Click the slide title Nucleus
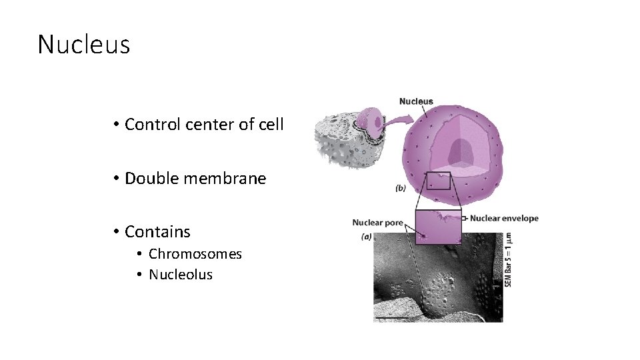click(83, 45)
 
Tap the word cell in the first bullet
click(271, 124)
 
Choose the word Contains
click(157, 232)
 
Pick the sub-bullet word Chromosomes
click(195, 254)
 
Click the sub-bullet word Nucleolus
click(181, 274)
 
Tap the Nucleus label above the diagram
click(416, 102)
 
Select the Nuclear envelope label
click(504, 218)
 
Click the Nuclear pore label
click(377, 223)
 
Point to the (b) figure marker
click(400, 189)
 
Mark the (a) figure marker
click(367, 237)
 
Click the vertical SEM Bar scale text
click(508, 260)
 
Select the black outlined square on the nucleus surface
click(438, 181)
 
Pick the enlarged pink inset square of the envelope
click(438, 227)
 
